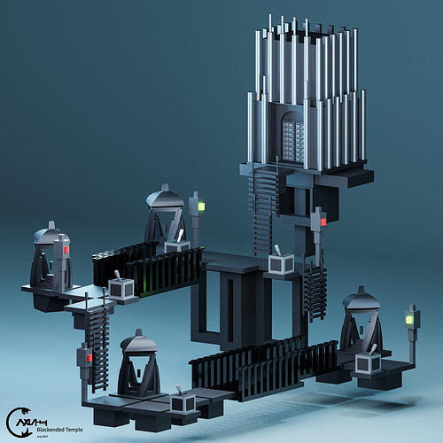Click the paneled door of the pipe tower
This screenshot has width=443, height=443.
coord(293,139)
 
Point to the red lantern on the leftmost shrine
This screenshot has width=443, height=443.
coord(66,251)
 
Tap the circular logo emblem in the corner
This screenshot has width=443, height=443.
coord(17,422)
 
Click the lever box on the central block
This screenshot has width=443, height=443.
coord(283,263)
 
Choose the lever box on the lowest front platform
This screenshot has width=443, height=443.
coord(183,403)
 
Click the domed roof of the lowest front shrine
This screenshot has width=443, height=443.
coord(139,341)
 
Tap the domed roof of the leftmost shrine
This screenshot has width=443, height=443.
coord(51,235)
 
